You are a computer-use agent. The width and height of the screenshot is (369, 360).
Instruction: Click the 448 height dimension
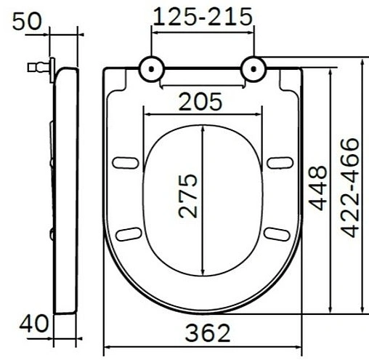point(317,188)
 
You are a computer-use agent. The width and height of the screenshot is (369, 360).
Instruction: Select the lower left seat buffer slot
point(129,233)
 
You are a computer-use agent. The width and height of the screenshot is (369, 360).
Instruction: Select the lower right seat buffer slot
point(277,233)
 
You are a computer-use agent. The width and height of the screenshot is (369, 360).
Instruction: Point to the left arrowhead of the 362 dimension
point(108,346)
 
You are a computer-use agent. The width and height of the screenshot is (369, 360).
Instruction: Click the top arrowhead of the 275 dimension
point(203,129)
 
